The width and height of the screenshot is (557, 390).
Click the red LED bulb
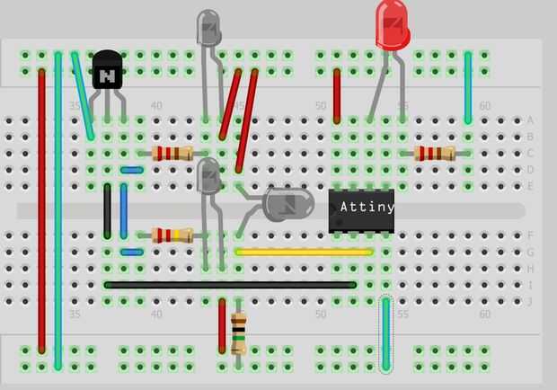click(x=393, y=25)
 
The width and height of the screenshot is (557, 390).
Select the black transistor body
click(x=107, y=69)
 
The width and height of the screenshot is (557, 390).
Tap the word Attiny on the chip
click(x=367, y=207)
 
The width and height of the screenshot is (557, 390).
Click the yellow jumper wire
click(x=304, y=253)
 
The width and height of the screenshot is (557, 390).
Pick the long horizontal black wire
click(x=230, y=285)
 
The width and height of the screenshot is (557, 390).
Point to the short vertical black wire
click(x=107, y=211)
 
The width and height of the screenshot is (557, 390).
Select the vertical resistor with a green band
click(x=239, y=334)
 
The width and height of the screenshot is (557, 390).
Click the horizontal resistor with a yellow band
click(x=172, y=235)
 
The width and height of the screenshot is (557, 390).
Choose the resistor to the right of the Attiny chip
click(x=435, y=154)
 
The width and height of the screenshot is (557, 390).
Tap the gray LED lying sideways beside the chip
click(x=288, y=205)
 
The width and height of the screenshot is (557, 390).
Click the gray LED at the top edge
click(x=208, y=28)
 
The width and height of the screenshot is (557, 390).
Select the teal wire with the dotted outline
click(x=385, y=334)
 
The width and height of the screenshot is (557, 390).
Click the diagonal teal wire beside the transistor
click(x=83, y=96)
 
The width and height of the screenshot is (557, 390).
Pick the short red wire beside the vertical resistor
click(x=223, y=326)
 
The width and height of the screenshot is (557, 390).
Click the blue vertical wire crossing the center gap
click(x=124, y=211)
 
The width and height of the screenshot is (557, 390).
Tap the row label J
click(x=530, y=302)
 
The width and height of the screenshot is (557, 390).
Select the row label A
click(x=530, y=120)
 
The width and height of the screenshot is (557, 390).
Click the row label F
click(x=530, y=235)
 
